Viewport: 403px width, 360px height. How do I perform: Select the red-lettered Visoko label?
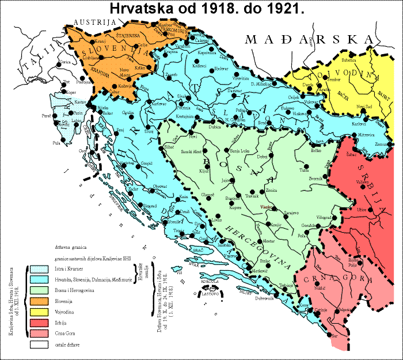tap(266, 206)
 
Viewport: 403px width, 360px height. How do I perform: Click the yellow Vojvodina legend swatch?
tap(41, 312)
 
